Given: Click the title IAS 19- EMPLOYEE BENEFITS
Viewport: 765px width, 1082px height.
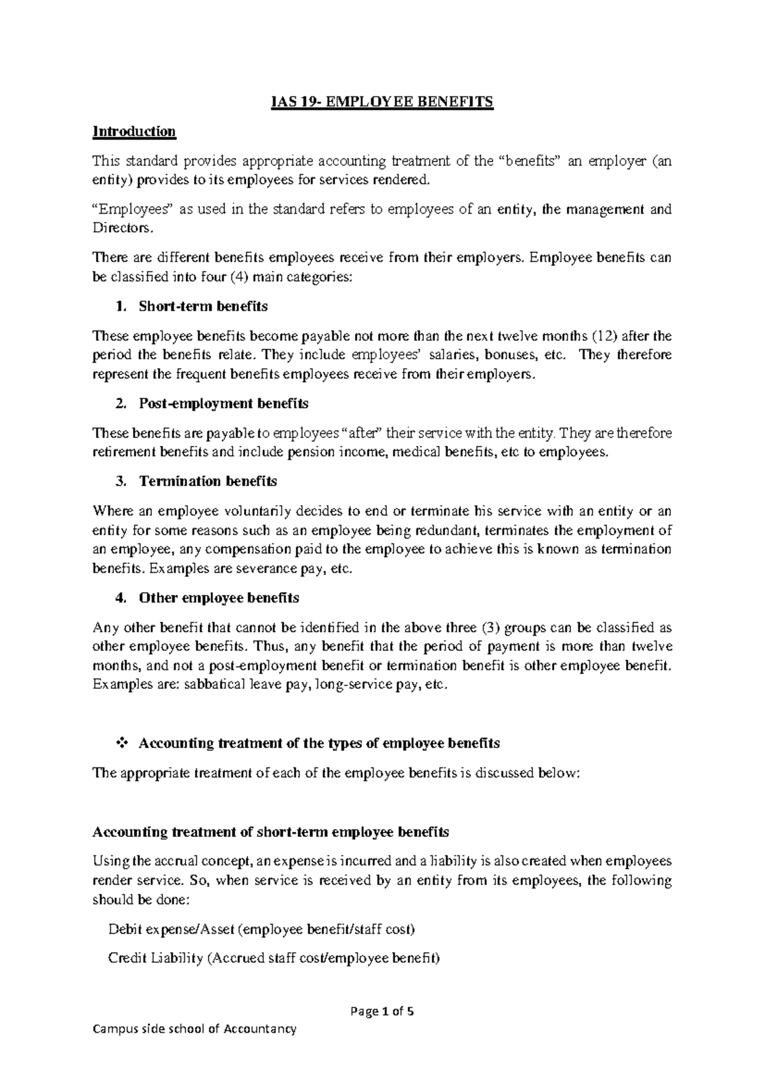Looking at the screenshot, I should (382, 102).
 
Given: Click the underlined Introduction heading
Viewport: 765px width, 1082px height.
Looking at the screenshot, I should (134, 131).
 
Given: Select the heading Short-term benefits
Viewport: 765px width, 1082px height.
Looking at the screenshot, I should (203, 306).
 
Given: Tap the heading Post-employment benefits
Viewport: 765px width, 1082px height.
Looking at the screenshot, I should (223, 403).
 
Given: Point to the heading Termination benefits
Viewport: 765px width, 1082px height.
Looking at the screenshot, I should (207, 481).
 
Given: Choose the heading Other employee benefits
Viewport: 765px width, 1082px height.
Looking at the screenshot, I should (219, 598).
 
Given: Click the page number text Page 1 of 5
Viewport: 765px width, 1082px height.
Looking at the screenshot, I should (382, 1011).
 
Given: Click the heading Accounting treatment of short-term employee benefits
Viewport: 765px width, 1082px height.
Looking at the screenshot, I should (270, 832).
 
